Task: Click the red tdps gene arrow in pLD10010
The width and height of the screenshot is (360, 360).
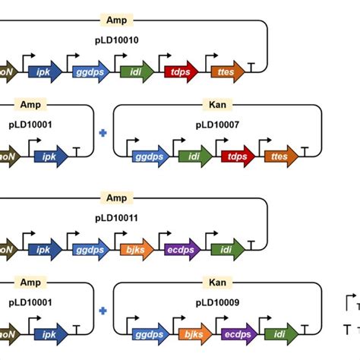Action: click(x=181, y=73)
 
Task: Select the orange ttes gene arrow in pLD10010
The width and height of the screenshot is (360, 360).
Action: click(x=227, y=73)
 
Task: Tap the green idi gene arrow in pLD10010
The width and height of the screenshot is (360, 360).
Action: click(x=135, y=73)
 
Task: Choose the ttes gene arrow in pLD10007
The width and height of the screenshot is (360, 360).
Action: click(x=279, y=157)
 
